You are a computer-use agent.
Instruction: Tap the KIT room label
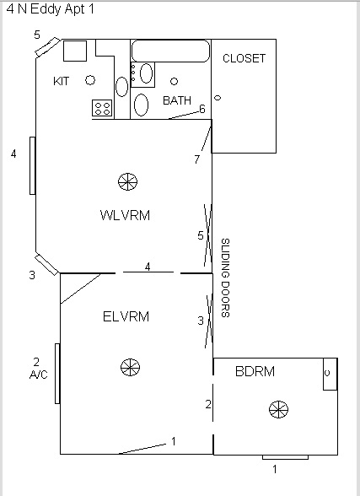click(62, 81)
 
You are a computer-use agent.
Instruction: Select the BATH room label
click(177, 100)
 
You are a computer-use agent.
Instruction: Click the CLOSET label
click(244, 58)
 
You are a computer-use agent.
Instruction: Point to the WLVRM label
click(125, 215)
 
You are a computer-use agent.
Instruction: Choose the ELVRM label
click(126, 317)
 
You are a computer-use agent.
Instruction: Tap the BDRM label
click(255, 370)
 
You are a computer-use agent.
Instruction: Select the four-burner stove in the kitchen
click(103, 108)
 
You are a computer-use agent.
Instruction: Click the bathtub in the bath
click(170, 51)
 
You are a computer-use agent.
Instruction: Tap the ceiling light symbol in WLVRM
click(127, 181)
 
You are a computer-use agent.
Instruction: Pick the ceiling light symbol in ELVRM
click(129, 367)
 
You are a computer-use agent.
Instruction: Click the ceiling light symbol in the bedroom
click(277, 409)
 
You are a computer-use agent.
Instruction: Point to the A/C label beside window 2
click(37, 374)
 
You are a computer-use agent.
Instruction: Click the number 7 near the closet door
click(196, 159)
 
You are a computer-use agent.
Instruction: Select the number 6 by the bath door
click(202, 108)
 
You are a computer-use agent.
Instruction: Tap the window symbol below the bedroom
click(285, 456)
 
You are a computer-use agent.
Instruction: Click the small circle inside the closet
click(218, 99)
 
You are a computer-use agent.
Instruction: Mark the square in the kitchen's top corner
click(75, 50)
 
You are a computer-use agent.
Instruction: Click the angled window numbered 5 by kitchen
click(47, 47)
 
